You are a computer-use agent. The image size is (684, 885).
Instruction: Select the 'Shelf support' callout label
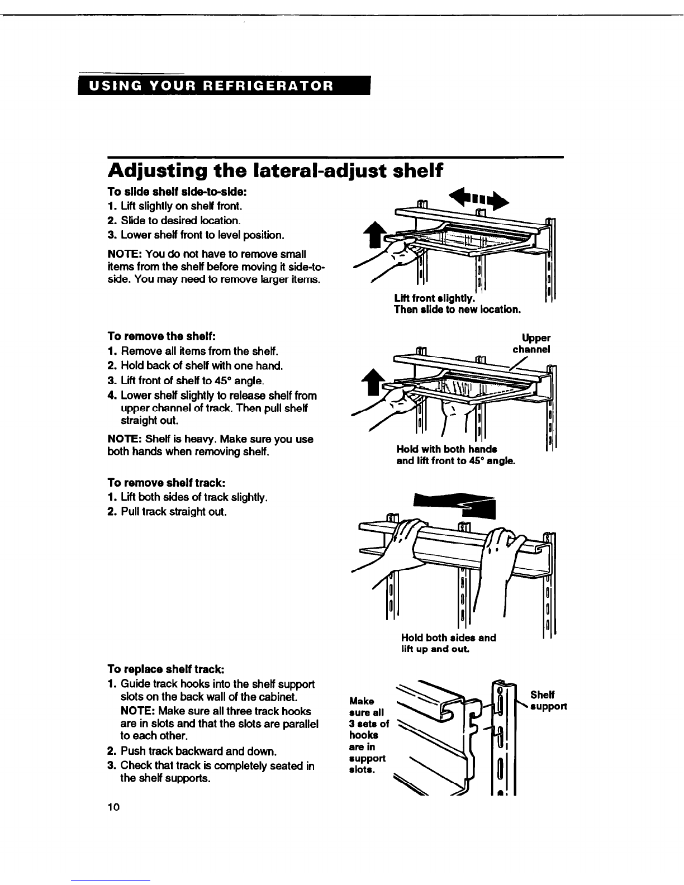(547, 700)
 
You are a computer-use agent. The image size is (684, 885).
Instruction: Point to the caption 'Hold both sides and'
(448, 637)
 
